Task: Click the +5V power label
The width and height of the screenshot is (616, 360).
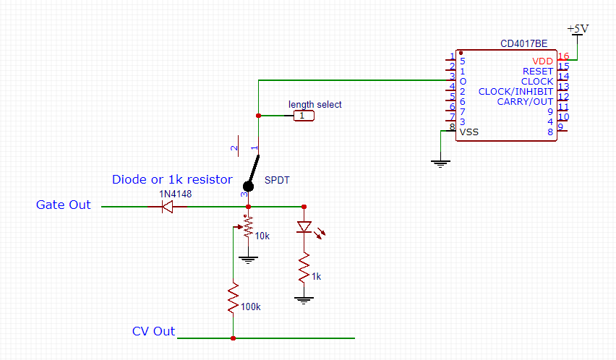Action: pyautogui.click(x=578, y=28)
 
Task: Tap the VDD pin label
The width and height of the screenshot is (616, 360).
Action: pyautogui.click(x=542, y=61)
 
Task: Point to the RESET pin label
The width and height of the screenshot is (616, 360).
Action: pyautogui.click(x=537, y=72)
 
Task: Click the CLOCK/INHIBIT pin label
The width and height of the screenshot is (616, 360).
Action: pyautogui.click(x=516, y=92)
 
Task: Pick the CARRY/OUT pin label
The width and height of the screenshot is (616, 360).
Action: pyautogui.click(x=525, y=102)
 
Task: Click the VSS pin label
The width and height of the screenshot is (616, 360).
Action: pyautogui.click(x=469, y=132)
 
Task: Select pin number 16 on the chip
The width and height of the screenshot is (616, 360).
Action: pyautogui.click(x=563, y=56)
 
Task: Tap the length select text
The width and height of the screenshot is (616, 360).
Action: pyautogui.click(x=315, y=104)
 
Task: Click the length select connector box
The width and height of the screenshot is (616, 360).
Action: pyautogui.click(x=304, y=116)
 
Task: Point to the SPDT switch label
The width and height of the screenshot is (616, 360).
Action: pyautogui.click(x=277, y=179)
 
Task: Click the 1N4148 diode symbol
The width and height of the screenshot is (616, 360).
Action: pyautogui.click(x=166, y=207)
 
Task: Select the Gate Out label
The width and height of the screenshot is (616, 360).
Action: pyautogui.click(x=64, y=205)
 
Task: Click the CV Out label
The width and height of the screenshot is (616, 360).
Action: pyautogui.click(x=153, y=332)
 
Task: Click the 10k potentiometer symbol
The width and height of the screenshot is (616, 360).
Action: pyautogui.click(x=248, y=227)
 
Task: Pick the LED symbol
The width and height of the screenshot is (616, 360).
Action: pyautogui.click(x=304, y=227)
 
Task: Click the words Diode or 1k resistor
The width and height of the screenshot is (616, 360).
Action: pyautogui.click(x=172, y=180)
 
